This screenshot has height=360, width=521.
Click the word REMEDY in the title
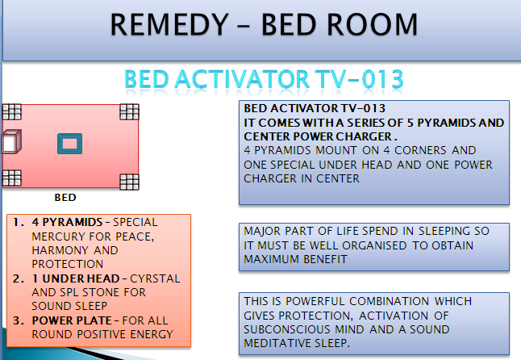[169, 24]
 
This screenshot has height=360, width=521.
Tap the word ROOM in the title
[372, 24]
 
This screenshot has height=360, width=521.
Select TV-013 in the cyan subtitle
[359, 79]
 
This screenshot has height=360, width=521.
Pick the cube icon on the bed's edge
[11, 142]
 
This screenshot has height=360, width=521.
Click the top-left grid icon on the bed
[11, 111]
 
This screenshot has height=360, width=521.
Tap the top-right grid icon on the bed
[129, 111]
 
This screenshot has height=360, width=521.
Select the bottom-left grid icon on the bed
[11, 178]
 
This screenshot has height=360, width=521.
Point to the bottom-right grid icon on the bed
[129, 182]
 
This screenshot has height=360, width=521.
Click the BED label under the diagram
[65, 198]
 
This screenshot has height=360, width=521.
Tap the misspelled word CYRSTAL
[155, 278]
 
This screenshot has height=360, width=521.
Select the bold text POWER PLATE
[72, 320]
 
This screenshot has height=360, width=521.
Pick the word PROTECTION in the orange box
[68, 264]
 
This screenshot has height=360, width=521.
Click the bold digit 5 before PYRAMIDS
[411, 123]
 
